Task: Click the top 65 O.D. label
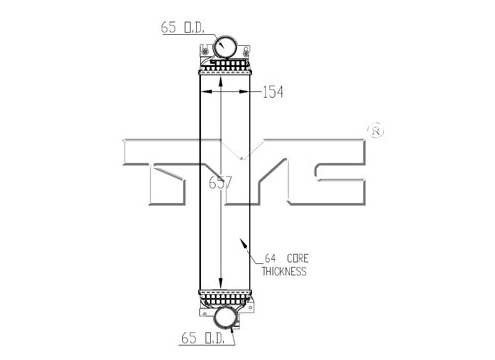(183, 27)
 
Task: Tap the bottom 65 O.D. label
(203, 338)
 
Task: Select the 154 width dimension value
(273, 92)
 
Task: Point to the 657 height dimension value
(220, 183)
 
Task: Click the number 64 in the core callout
(270, 258)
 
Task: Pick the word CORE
(298, 258)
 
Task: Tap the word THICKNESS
(284, 271)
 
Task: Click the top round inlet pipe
(225, 46)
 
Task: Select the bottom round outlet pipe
(226, 317)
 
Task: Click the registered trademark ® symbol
(376, 131)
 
